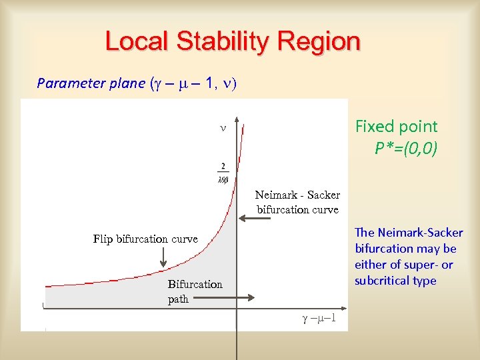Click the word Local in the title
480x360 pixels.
pos(137,42)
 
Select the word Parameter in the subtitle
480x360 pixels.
pos(67,83)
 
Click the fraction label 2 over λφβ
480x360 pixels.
pos(223,171)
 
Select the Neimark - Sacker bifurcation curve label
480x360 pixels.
pos(297,202)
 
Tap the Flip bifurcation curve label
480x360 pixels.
pos(145,239)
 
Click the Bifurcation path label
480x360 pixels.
pos(195,291)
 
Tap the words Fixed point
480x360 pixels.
pos(396,127)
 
